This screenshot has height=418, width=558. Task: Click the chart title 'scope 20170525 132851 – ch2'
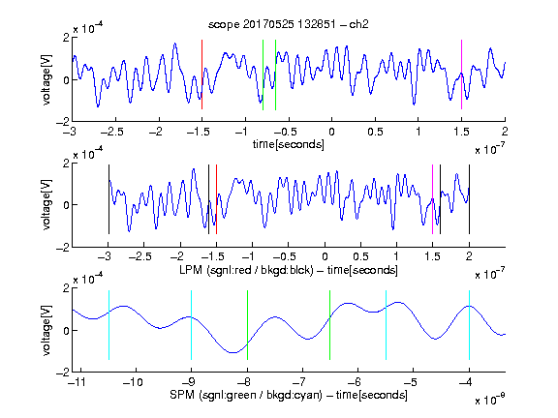(x=289, y=24)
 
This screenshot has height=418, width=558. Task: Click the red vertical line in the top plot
(x=202, y=75)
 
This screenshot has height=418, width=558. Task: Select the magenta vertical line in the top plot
(x=461, y=75)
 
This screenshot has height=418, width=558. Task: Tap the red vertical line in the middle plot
(x=216, y=199)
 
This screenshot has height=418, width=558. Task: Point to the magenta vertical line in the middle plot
(x=433, y=199)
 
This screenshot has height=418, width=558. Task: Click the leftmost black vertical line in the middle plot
(x=108, y=199)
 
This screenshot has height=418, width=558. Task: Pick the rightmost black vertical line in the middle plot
(x=469, y=199)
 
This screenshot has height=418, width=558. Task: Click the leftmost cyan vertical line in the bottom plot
(x=108, y=325)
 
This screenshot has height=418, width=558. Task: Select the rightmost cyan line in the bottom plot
(x=469, y=325)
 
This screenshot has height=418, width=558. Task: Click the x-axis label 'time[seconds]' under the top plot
(x=289, y=145)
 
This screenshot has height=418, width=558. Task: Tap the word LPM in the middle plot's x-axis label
(x=191, y=270)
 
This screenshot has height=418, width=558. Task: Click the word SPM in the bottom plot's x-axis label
(x=182, y=395)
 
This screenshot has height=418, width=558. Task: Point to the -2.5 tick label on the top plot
(x=112, y=132)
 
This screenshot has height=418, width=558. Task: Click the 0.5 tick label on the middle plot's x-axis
(x=360, y=256)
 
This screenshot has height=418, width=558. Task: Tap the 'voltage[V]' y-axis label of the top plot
(x=46, y=79)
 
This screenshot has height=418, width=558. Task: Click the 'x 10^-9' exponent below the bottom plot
(x=490, y=400)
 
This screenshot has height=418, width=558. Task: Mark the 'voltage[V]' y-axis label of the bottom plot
(x=46, y=330)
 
